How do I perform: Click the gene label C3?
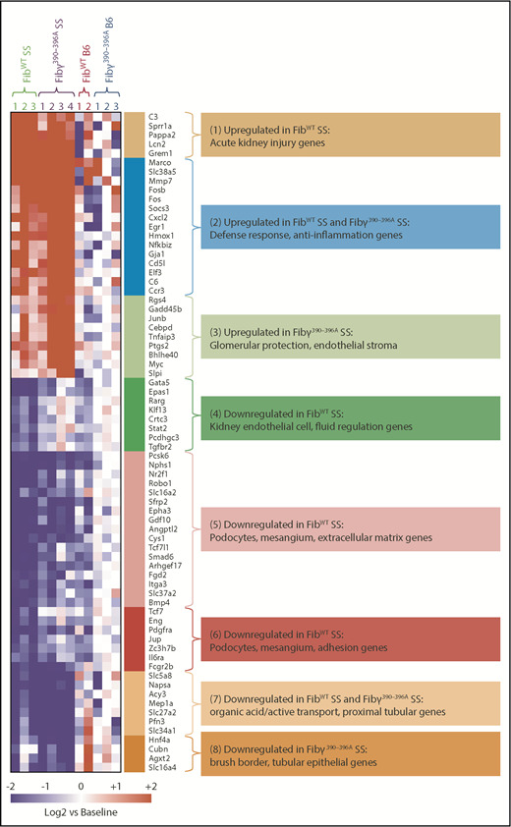[154, 116]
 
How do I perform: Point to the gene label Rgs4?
[158, 300]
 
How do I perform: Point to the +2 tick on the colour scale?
[150, 787]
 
